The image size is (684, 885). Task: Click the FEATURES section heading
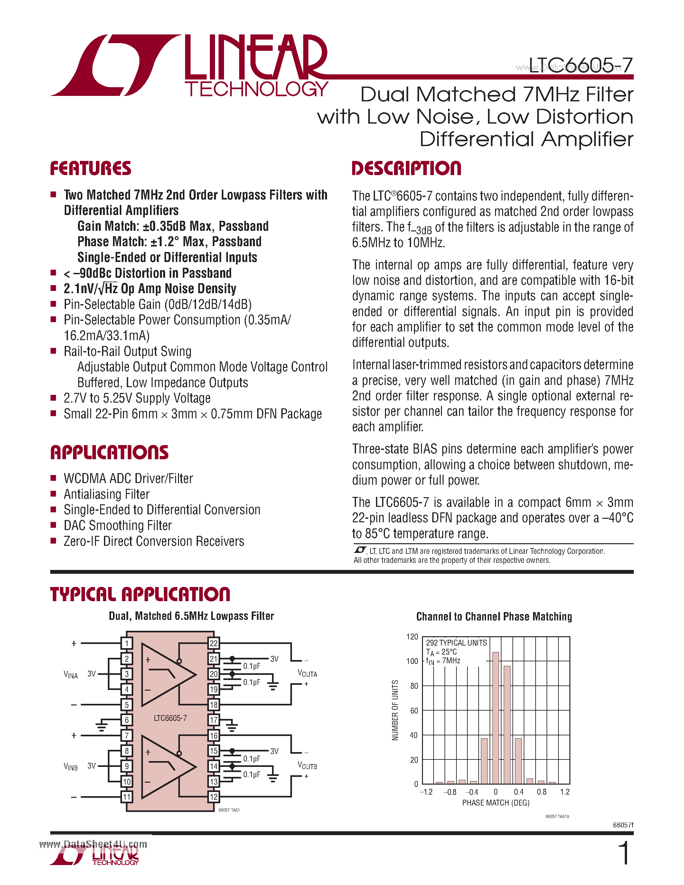(90, 169)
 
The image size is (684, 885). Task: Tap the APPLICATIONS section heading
(109, 452)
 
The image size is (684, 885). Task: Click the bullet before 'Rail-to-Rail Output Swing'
(53, 351)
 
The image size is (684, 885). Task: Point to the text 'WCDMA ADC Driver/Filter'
(128, 479)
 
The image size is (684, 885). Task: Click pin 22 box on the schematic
(213, 643)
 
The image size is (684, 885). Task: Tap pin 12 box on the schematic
(213, 797)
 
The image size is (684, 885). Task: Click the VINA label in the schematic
(70, 675)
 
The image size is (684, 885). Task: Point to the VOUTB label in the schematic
(307, 766)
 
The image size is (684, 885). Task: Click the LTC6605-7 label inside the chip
(170, 718)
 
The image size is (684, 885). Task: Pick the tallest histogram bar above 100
(495, 717)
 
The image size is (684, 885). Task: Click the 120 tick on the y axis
(412, 637)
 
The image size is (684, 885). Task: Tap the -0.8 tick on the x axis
(449, 792)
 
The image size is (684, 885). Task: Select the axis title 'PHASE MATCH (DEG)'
(496, 803)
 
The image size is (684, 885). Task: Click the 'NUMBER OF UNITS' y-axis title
(395, 710)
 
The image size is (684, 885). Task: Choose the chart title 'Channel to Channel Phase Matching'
(494, 617)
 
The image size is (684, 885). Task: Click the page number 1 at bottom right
(624, 853)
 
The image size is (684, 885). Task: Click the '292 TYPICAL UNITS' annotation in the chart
(456, 643)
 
